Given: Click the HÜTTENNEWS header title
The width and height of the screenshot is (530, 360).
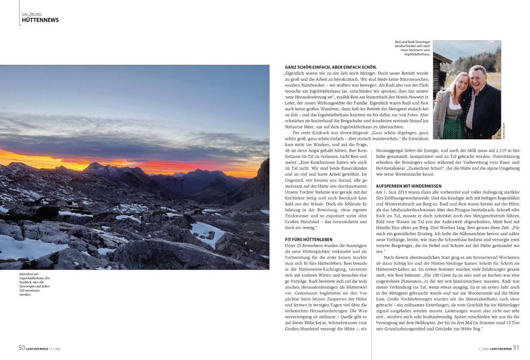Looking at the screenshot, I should coord(40,20).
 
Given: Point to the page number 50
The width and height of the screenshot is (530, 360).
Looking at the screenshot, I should coord(22,348).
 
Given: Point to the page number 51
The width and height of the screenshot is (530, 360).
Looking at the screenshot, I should coord(516,348).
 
